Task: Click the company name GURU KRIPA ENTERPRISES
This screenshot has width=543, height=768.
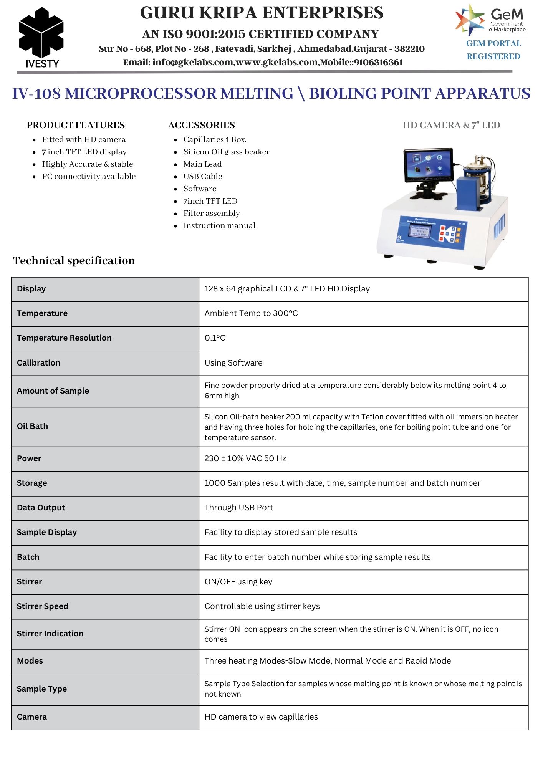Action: pyautogui.click(x=262, y=13)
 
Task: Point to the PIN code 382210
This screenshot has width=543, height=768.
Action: pyautogui.click(x=409, y=49)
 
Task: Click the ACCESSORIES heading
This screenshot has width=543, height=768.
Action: pyautogui.click(x=201, y=125)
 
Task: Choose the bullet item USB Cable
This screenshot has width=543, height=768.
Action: pyautogui.click(x=202, y=176)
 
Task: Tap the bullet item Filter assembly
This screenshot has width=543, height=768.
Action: pyautogui.click(x=211, y=213)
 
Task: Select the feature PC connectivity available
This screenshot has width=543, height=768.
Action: pyautogui.click(x=89, y=176)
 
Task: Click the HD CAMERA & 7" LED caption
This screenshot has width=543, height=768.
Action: pyautogui.click(x=451, y=125)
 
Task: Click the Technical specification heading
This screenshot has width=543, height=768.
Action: pyautogui.click(x=74, y=261)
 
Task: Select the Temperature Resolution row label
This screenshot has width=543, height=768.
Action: pyautogui.click(x=64, y=338)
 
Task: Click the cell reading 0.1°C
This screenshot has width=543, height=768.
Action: pyautogui.click(x=215, y=338)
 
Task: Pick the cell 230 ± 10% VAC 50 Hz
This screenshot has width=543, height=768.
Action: pyautogui.click(x=245, y=458)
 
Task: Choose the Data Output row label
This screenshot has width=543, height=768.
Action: pyautogui.click(x=41, y=508)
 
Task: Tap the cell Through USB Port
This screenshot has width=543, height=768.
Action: pyautogui.click(x=239, y=508)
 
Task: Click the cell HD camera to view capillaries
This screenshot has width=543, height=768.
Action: pyautogui.click(x=261, y=717)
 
